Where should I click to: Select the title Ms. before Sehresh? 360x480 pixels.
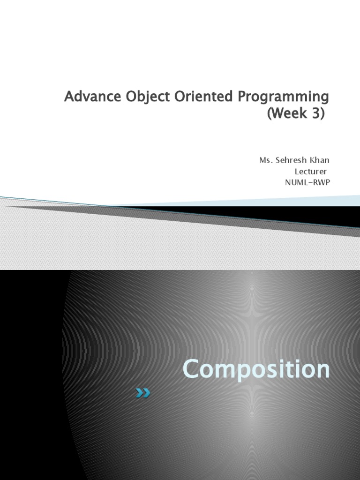tap(265, 160)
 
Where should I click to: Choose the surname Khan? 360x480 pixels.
tap(321, 160)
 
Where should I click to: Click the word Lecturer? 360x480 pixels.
tap(311, 172)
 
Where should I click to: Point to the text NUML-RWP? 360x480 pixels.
tap(307, 183)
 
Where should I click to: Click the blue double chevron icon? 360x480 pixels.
tap(143, 393)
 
